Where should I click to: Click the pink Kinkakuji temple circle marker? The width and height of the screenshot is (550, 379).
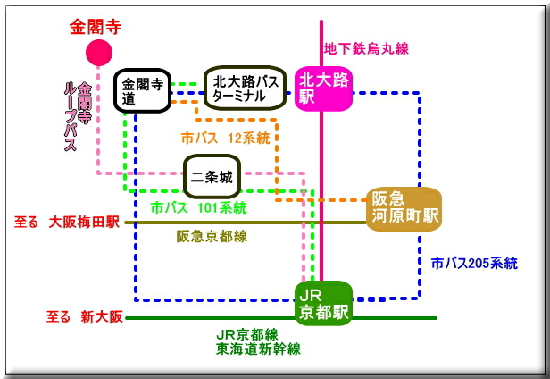coord(98,54)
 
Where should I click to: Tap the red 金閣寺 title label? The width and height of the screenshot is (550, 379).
coord(95,26)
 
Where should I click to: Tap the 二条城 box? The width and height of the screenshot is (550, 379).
coord(212,175)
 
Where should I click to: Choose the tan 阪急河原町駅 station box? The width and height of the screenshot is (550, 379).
coord(404,208)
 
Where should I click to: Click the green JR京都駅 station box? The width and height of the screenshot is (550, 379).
coord(323,303)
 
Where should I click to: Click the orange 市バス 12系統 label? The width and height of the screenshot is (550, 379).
coord(225,139)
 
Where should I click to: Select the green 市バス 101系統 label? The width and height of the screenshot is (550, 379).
coord(198,207)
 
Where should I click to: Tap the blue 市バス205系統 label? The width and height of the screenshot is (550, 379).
coord(473,263)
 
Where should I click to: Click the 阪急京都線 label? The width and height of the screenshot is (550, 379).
coord(212,236)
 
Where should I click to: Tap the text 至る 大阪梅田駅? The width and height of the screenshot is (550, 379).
coord(67,223)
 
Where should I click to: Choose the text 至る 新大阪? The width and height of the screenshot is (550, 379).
coord(82,316)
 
